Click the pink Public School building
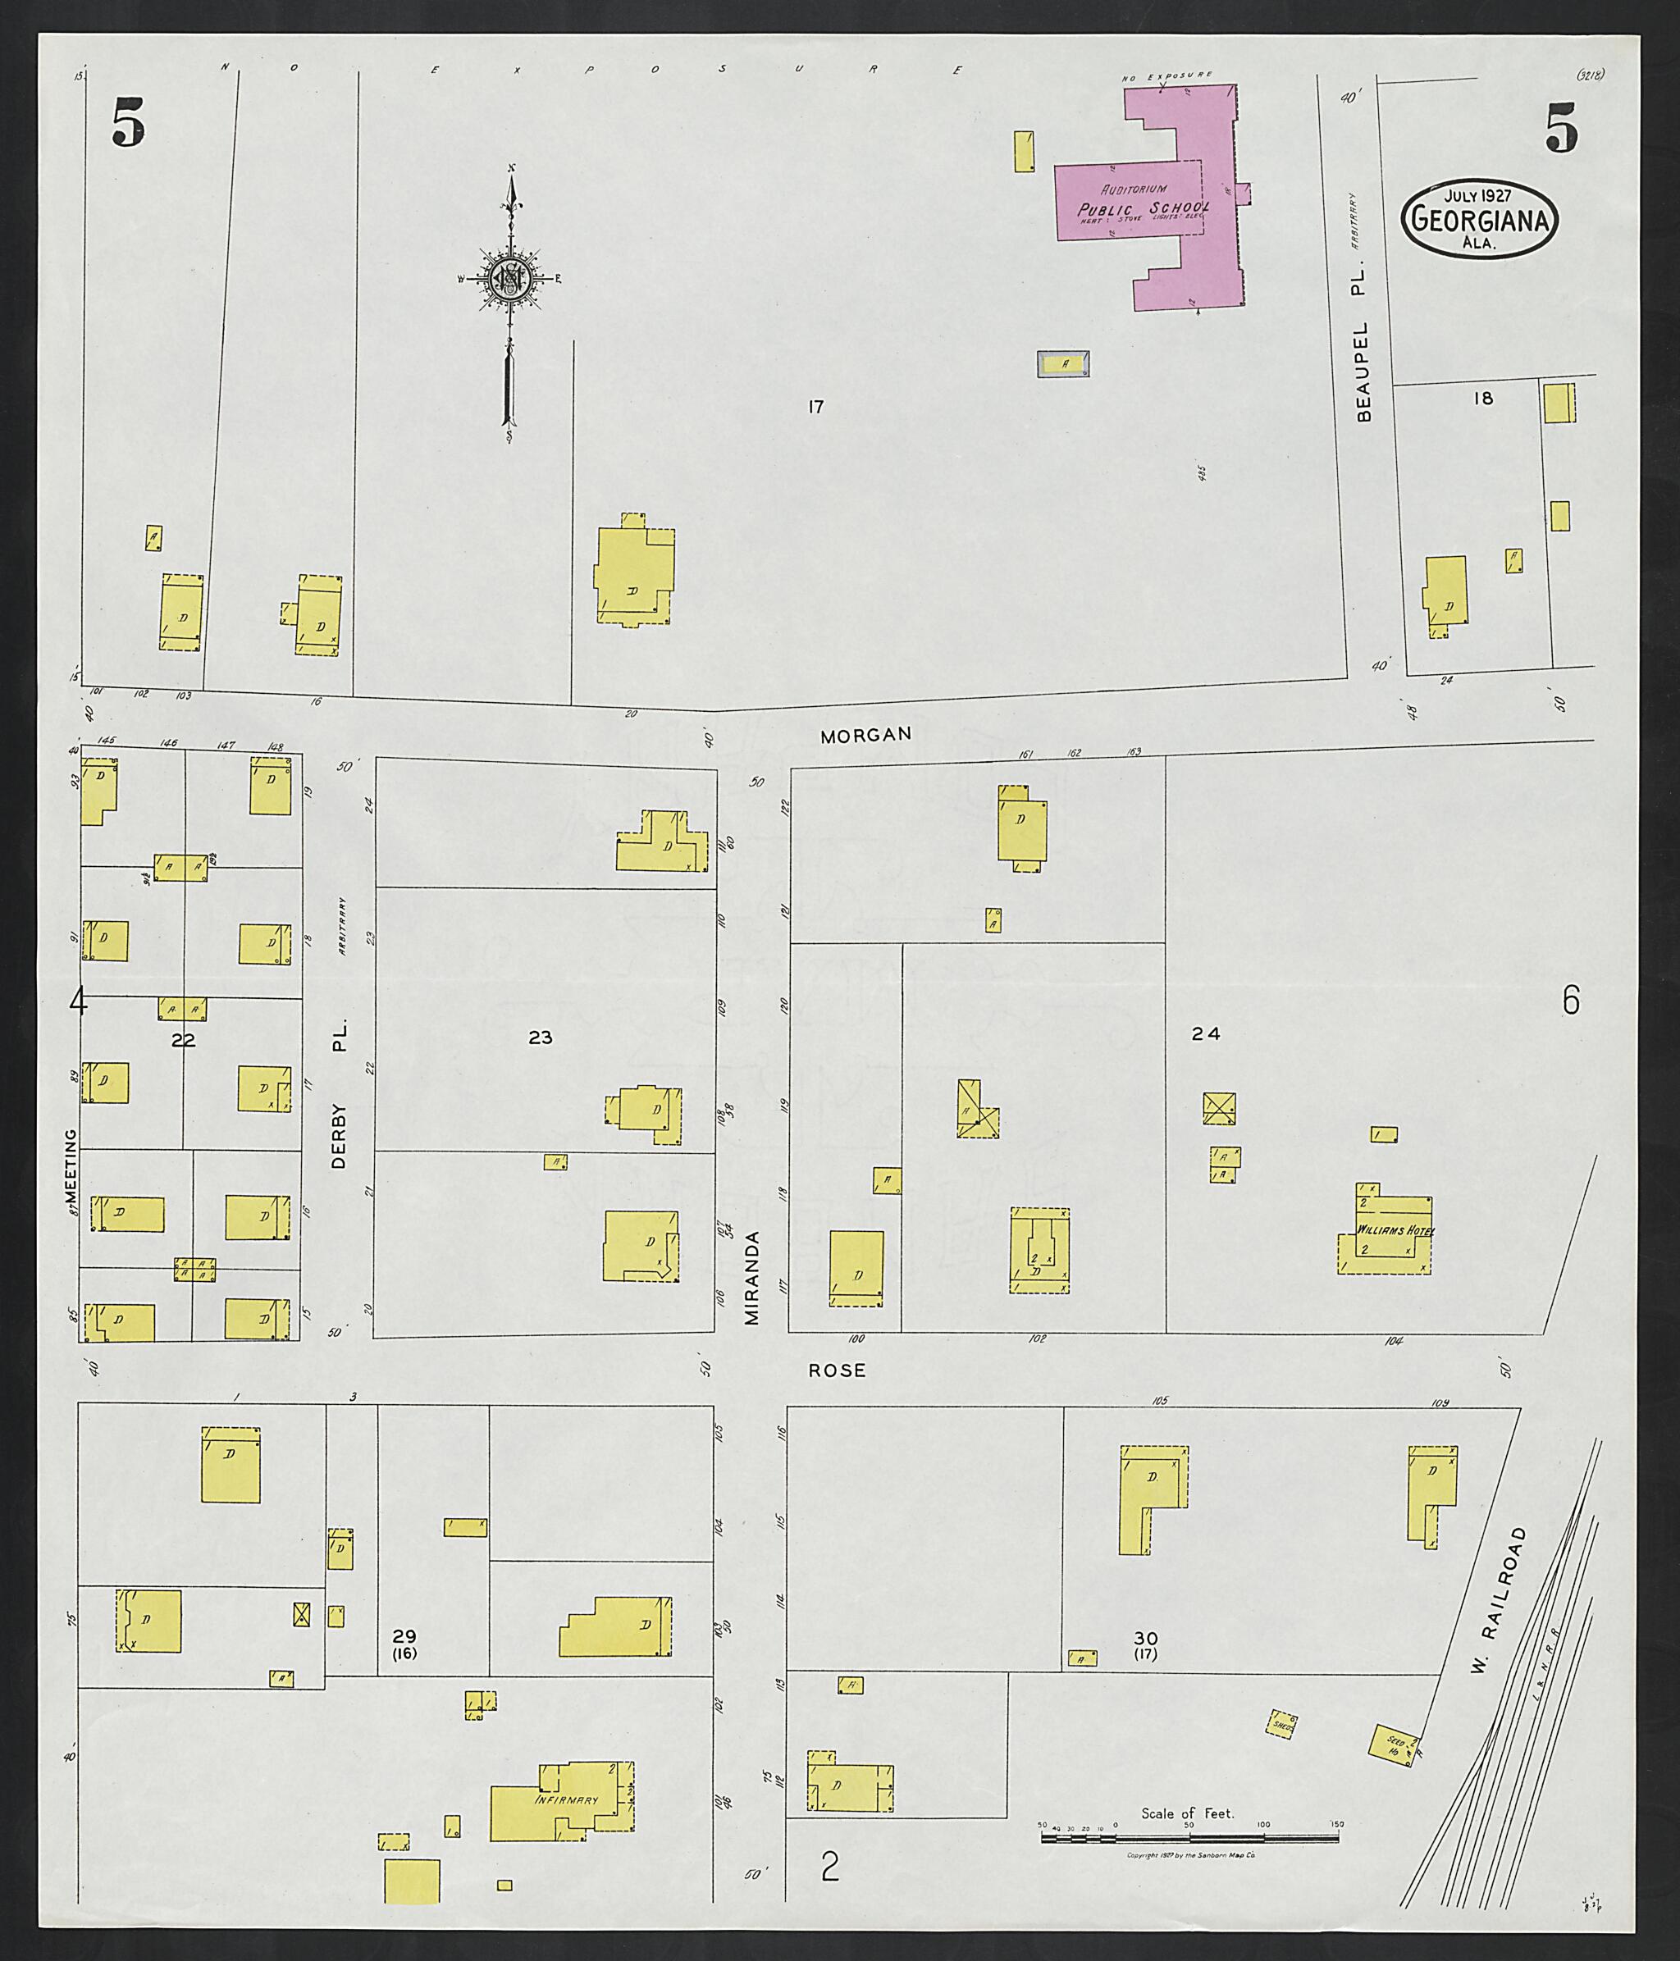coord(1145,203)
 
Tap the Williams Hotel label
coord(1395,1230)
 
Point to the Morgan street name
coord(865,734)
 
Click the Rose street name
coord(837,1370)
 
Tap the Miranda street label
coord(752,1278)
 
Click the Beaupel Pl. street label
coord(1363,350)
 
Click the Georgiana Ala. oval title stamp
coord(1481,220)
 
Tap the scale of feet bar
coord(1189,1838)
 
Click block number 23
coord(540,1038)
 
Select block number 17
coord(816,407)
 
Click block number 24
coord(1206,1034)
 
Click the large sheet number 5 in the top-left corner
coord(129,125)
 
